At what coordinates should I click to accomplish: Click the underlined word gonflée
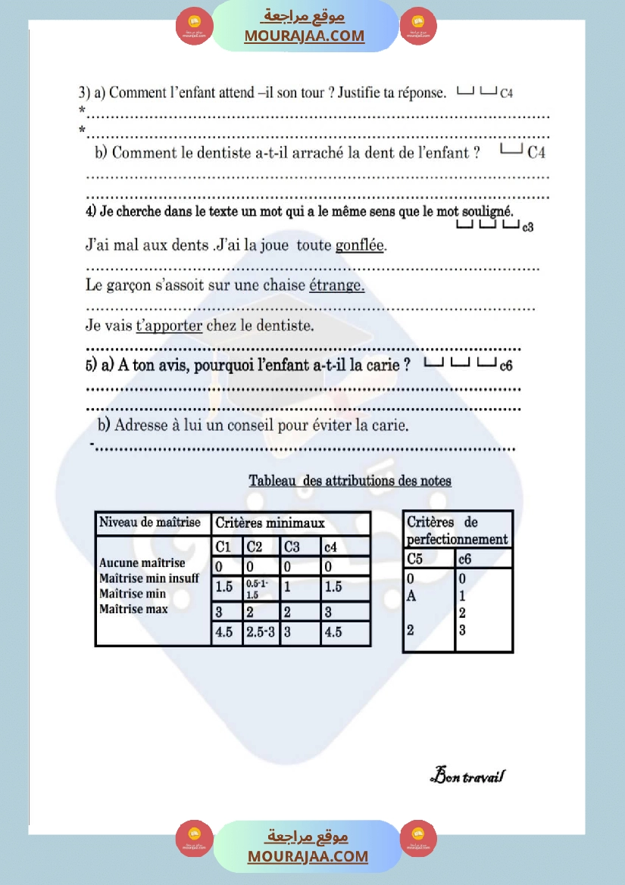coord(360,246)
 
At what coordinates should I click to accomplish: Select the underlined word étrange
coord(336,286)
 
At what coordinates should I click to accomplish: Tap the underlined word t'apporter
coord(169,326)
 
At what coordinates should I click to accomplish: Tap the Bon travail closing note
coord(467,776)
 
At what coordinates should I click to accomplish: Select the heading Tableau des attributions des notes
coord(350,481)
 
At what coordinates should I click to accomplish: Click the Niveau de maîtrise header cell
coord(151,522)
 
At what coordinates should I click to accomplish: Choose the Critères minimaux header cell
coord(270,523)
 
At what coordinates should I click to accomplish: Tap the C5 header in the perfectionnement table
coord(415,559)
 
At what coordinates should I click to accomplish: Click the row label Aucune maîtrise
coord(142,563)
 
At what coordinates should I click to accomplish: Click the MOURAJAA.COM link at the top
coord(304,36)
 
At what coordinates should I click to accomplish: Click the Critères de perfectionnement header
coord(458,531)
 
